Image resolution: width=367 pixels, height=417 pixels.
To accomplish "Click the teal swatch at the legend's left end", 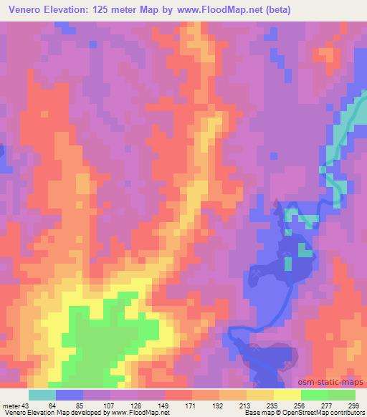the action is point(42,395).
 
